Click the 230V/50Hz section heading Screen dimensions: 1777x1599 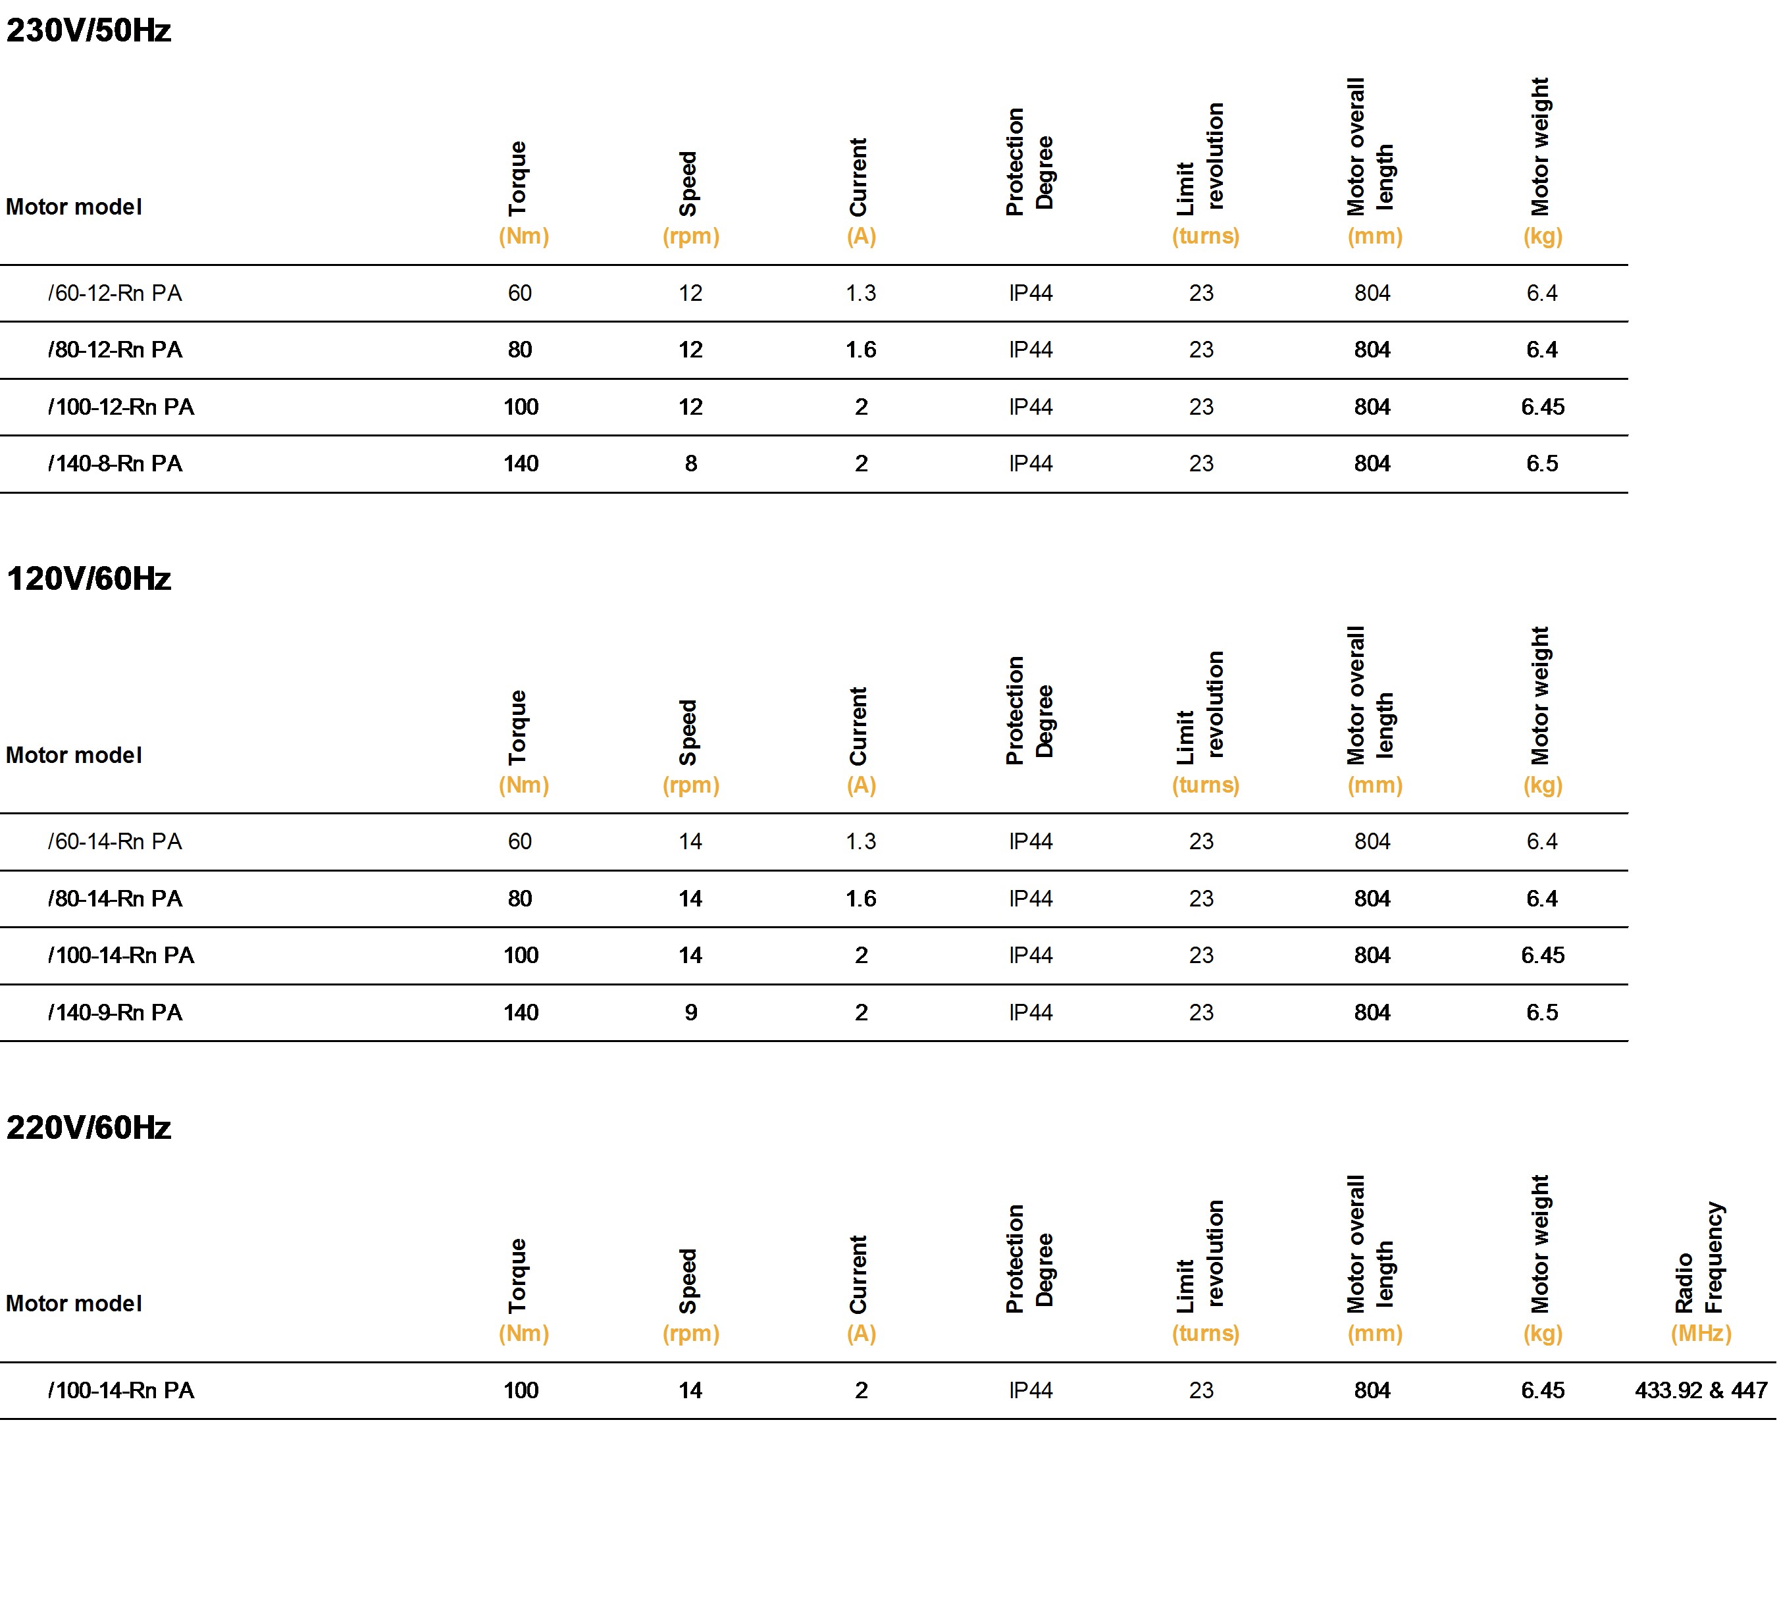(89, 31)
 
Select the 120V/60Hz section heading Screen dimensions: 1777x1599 (89, 579)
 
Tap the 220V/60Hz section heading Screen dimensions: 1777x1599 (89, 1127)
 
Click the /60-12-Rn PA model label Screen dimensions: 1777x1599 (115, 294)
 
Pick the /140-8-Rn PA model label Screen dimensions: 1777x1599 (115, 464)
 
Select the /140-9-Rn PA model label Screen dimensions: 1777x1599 (115, 1013)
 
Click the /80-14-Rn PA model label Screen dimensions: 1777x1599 (115, 899)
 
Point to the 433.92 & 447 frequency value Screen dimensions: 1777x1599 (1701, 1391)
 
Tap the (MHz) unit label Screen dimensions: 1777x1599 (1701, 1334)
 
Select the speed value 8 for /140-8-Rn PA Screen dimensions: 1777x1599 (691, 464)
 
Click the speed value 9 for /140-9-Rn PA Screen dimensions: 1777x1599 (691, 1013)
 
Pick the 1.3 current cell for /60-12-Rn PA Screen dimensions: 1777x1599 (861, 294)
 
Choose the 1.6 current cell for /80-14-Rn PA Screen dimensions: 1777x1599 (861, 899)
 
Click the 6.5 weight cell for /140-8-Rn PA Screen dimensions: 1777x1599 (1543, 464)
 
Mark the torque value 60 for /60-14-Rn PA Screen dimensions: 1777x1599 (520, 842)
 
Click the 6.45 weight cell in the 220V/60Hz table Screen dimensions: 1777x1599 (1543, 1391)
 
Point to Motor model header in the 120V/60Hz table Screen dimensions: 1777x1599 (74, 756)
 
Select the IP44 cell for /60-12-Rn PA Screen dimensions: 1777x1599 (1031, 294)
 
